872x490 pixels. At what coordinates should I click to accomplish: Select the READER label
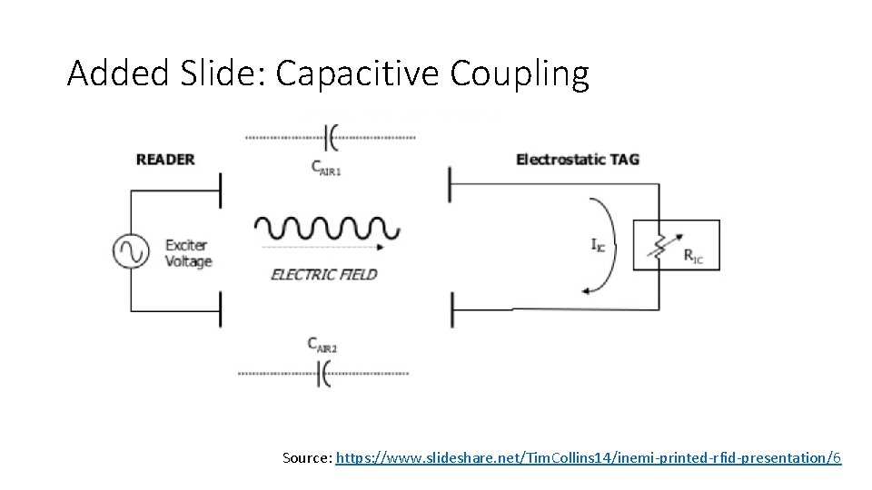(x=165, y=160)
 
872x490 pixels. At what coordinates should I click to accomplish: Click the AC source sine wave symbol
(x=131, y=251)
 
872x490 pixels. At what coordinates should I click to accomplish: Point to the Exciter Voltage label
(x=188, y=253)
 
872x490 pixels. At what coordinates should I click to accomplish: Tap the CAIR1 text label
(x=326, y=167)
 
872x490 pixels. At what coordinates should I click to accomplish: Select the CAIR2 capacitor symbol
(x=323, y=373)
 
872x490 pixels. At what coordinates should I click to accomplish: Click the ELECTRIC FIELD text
(x=323, y=274)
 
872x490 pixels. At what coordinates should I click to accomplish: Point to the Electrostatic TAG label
(x=578, y=160)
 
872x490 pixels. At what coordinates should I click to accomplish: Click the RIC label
(x=693, y=256)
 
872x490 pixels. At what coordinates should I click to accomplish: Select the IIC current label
(x=598, y=244)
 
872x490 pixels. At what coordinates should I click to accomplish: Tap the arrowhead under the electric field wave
(x=392, y=246)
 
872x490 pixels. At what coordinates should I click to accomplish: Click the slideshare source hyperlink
(x=589, y=458)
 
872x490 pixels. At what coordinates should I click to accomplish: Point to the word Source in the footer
(x=306, y=458)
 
